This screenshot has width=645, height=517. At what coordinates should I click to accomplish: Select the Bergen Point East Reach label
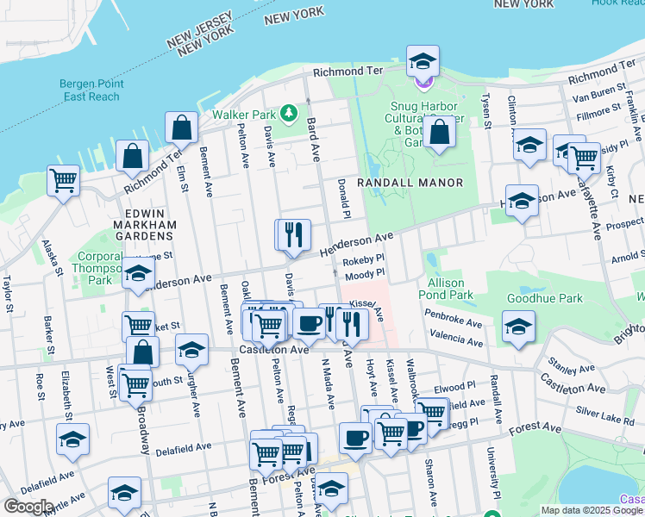(x=91, y=90)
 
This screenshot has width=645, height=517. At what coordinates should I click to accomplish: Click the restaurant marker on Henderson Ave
(x=292, y=234)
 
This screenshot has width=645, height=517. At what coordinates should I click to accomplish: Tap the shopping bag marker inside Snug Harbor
(x=440, y=133)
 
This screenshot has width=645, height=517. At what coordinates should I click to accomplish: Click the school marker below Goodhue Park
(x=518, y=327)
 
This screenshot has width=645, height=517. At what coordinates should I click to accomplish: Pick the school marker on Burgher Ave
(x=191, y=350)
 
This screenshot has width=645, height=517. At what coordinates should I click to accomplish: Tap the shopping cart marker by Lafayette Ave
(x=584, y=158)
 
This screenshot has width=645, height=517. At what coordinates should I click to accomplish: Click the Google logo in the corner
(x=28, y=507)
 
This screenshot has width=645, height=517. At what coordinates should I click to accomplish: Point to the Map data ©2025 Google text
(x=592, y=510)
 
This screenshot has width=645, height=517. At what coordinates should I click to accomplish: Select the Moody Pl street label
(x=365, y=273)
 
